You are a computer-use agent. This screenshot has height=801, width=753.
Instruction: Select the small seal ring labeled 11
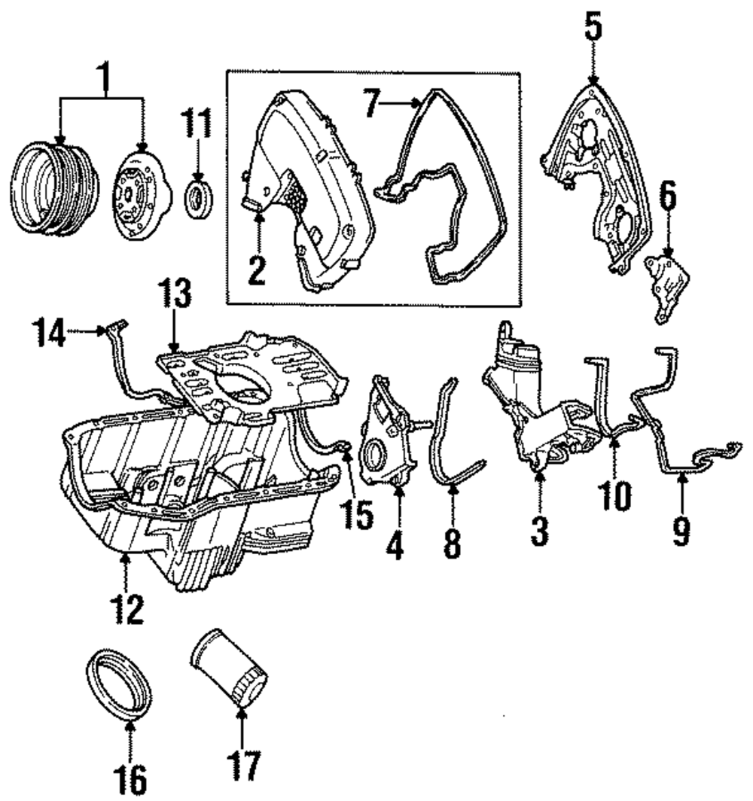click(199, 196)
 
